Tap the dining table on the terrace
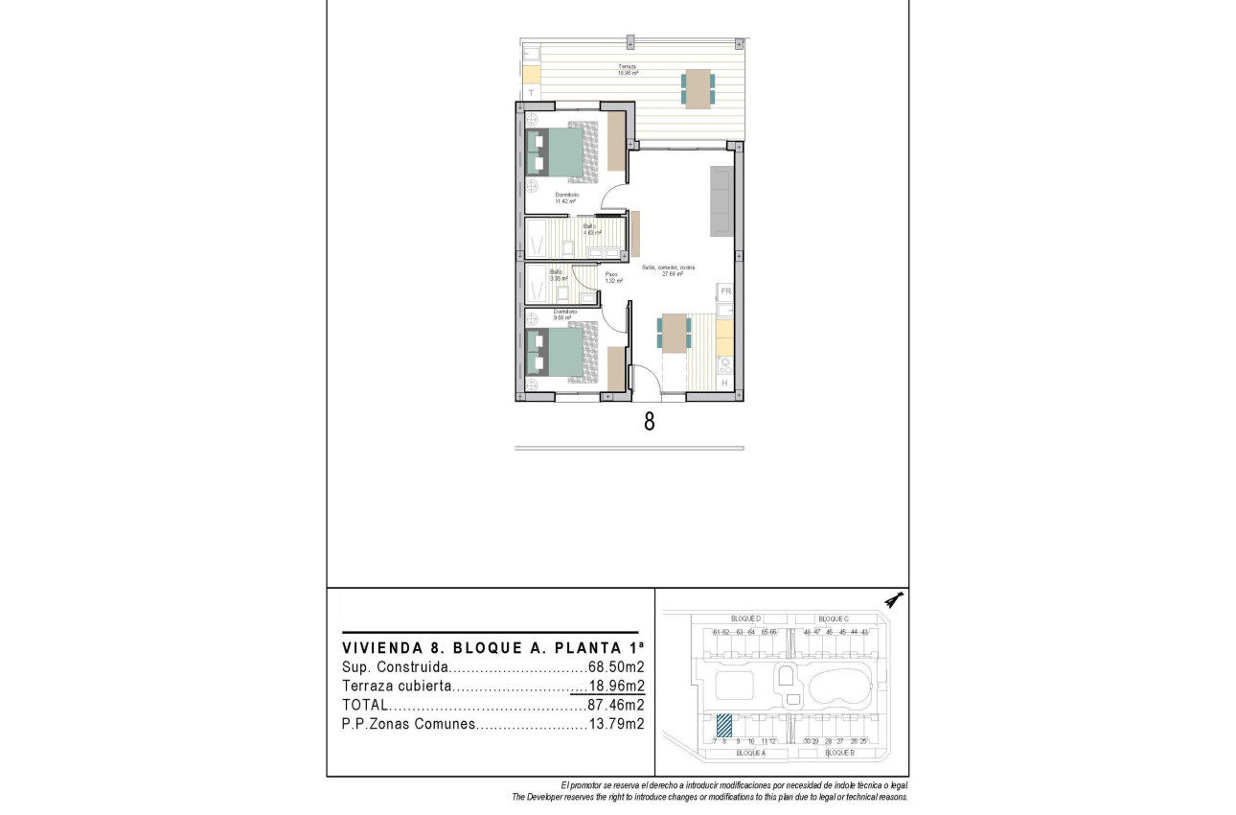tap(698, 87)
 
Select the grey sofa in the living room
tap(721, 200)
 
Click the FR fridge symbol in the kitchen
tap(725, 291)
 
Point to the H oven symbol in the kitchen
tap(724, 384)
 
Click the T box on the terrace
tap(531, 92)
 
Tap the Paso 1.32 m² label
tap(613, 278)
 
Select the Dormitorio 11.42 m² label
tap(566, 198)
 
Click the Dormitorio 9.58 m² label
tap(564, 314)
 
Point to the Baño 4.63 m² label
tap(591, 230)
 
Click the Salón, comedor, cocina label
tap(668, 270)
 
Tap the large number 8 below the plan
tap(649, 422)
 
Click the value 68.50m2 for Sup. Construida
tap(615, 666)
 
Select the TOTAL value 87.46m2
tap(615, 705)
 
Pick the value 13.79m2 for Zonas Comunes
tap(615, 725)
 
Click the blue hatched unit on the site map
tap(725, 727)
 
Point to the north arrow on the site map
tap(894, 600)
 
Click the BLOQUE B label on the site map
tap(838, 754)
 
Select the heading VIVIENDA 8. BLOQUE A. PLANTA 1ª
tap(493, 647)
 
